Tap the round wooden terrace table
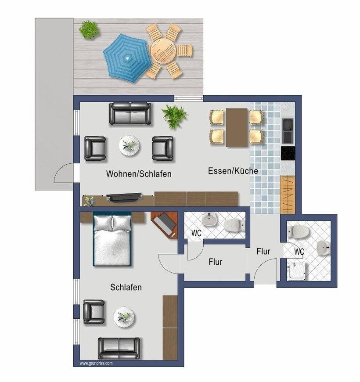pos(163,51)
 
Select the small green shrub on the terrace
pos(90,30)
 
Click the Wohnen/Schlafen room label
pos(139,174)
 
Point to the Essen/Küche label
pos(233,170)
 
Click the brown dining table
pos(237,127)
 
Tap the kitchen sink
pos(288,131)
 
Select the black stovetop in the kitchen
pos(288,153)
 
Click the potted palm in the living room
pos(174,116)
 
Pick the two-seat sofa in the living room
pos(130,114)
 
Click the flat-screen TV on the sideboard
pos(124,197)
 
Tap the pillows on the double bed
pos(112,223)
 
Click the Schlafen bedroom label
pos(126,287)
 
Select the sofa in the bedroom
pos(119,348)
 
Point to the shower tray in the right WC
pos(297,271)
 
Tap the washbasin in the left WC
pos(210,219)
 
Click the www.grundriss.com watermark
pos(96,363)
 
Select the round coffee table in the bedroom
pos(124,317)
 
